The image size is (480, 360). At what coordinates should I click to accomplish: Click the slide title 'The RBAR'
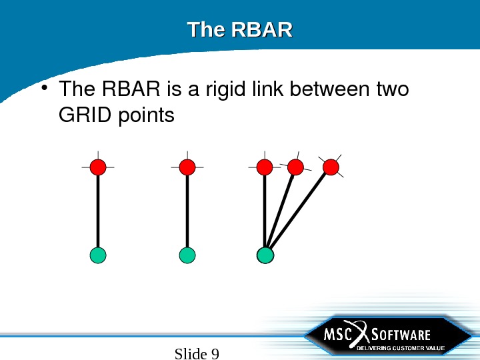[x=239, y=31]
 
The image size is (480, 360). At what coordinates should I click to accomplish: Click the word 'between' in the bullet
[x=332, y=89]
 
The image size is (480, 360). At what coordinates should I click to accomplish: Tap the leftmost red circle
[x=98, y=166]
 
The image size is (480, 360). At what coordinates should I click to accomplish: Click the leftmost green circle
[x=98, y=255]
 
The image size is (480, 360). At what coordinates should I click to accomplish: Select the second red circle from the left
[x=187, y=166]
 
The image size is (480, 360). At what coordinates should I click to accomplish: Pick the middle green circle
[x=187, y=255]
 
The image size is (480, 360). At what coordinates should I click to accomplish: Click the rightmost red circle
[x=330, y=166]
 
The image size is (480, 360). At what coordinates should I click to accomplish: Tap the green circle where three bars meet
[x=265, y=255]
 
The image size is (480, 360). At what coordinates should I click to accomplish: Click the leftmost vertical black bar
[x=98, y=210]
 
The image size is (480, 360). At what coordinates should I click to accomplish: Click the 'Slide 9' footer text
[x=197, y=353]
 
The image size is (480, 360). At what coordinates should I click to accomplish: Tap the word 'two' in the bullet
[x=392, y=89]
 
